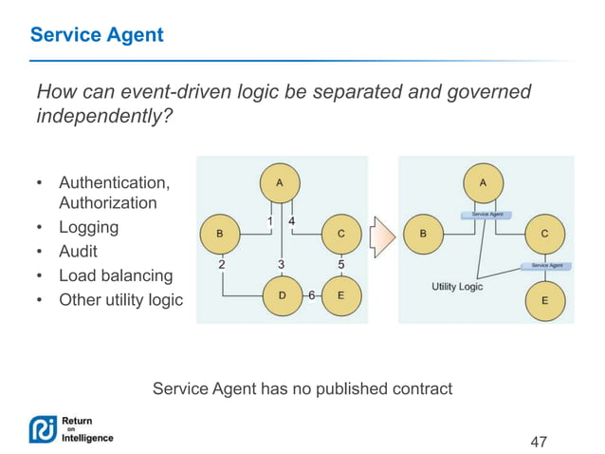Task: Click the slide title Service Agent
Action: tap(97, 35)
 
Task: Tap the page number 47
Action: tap(539, 442)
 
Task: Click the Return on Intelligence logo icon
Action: tap(43, 429)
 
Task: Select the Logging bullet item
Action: tap(88, 228)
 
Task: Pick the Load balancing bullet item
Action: tap(115, 276)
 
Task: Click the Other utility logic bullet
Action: tap(120, 300)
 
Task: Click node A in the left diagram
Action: tap(279, 181)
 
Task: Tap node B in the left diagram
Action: tap(221, 232)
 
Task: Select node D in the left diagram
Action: tap(282, 296)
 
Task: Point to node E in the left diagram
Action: tap(340, 296)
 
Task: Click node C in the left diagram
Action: tap(340, 232)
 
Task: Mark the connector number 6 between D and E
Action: tap(311, 296)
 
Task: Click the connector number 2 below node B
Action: tap(222, 264)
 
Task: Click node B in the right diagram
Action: tap(422, 232)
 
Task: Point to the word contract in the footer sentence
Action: tap(422, 388)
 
